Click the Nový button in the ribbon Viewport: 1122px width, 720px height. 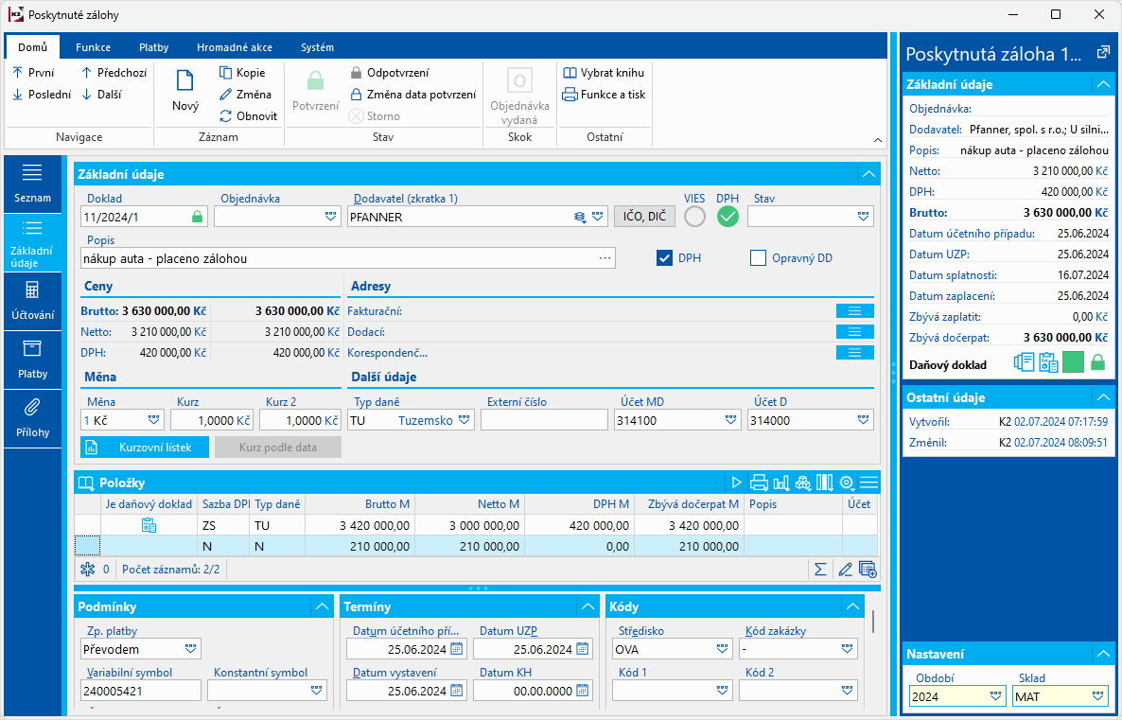pos(185,91)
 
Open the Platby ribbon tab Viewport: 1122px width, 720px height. pos(153,47)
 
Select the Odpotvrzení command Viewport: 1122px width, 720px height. pos(389,73)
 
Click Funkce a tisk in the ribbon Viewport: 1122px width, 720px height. pos(604,95)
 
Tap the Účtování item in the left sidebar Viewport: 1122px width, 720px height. pos(32,301)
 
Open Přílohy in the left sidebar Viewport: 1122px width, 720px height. pos(32,418)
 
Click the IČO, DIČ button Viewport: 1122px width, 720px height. pos(644,217)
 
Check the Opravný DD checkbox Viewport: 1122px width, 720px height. pos(758,257)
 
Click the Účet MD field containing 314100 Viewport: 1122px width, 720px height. pos(667,420)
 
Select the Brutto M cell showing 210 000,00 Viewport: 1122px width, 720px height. pos(359,546)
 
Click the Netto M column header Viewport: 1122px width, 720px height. pos(469,504)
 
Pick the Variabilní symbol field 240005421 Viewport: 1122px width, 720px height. pos(140,691)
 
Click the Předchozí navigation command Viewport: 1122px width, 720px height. pos(114,73)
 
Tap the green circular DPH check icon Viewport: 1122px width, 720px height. pos(728,217)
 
